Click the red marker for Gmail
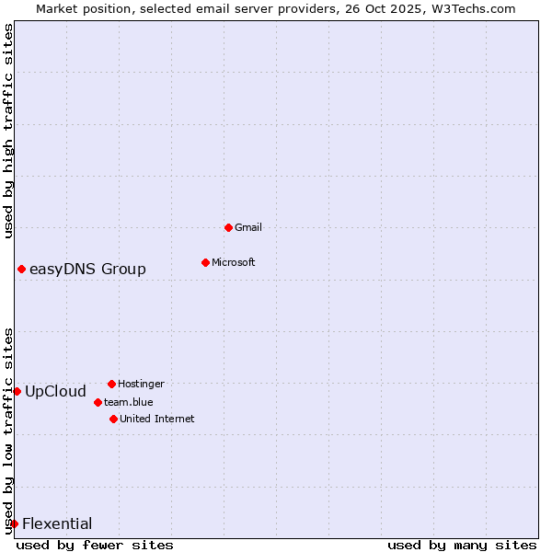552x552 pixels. (x=228, y=227)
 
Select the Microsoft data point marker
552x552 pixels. (x=205, y=262)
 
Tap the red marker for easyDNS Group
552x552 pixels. (x=21, y=269)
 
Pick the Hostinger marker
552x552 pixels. (x=111, y=384)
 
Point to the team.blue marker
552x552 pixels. (x=98, y=402)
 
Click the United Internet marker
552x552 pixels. (x=113, y=419)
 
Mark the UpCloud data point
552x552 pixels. (x=17, y=391)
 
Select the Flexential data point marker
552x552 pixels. (x=14, y=523)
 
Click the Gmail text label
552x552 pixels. (x=248, y=227)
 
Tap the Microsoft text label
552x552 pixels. (x=234, y=262)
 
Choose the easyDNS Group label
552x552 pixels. (x=87, y=269)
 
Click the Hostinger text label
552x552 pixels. (x=141, y=384)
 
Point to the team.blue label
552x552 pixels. (x=129, y=402)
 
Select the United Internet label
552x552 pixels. (x=157, y=419)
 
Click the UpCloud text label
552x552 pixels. (x=55, y=391)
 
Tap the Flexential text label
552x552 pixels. (x=57, y=523)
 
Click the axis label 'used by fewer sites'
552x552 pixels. (x=95, y=545)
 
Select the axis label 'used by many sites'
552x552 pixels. (x=462, y=545)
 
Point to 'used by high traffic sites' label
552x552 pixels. (x=8, y=131)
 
